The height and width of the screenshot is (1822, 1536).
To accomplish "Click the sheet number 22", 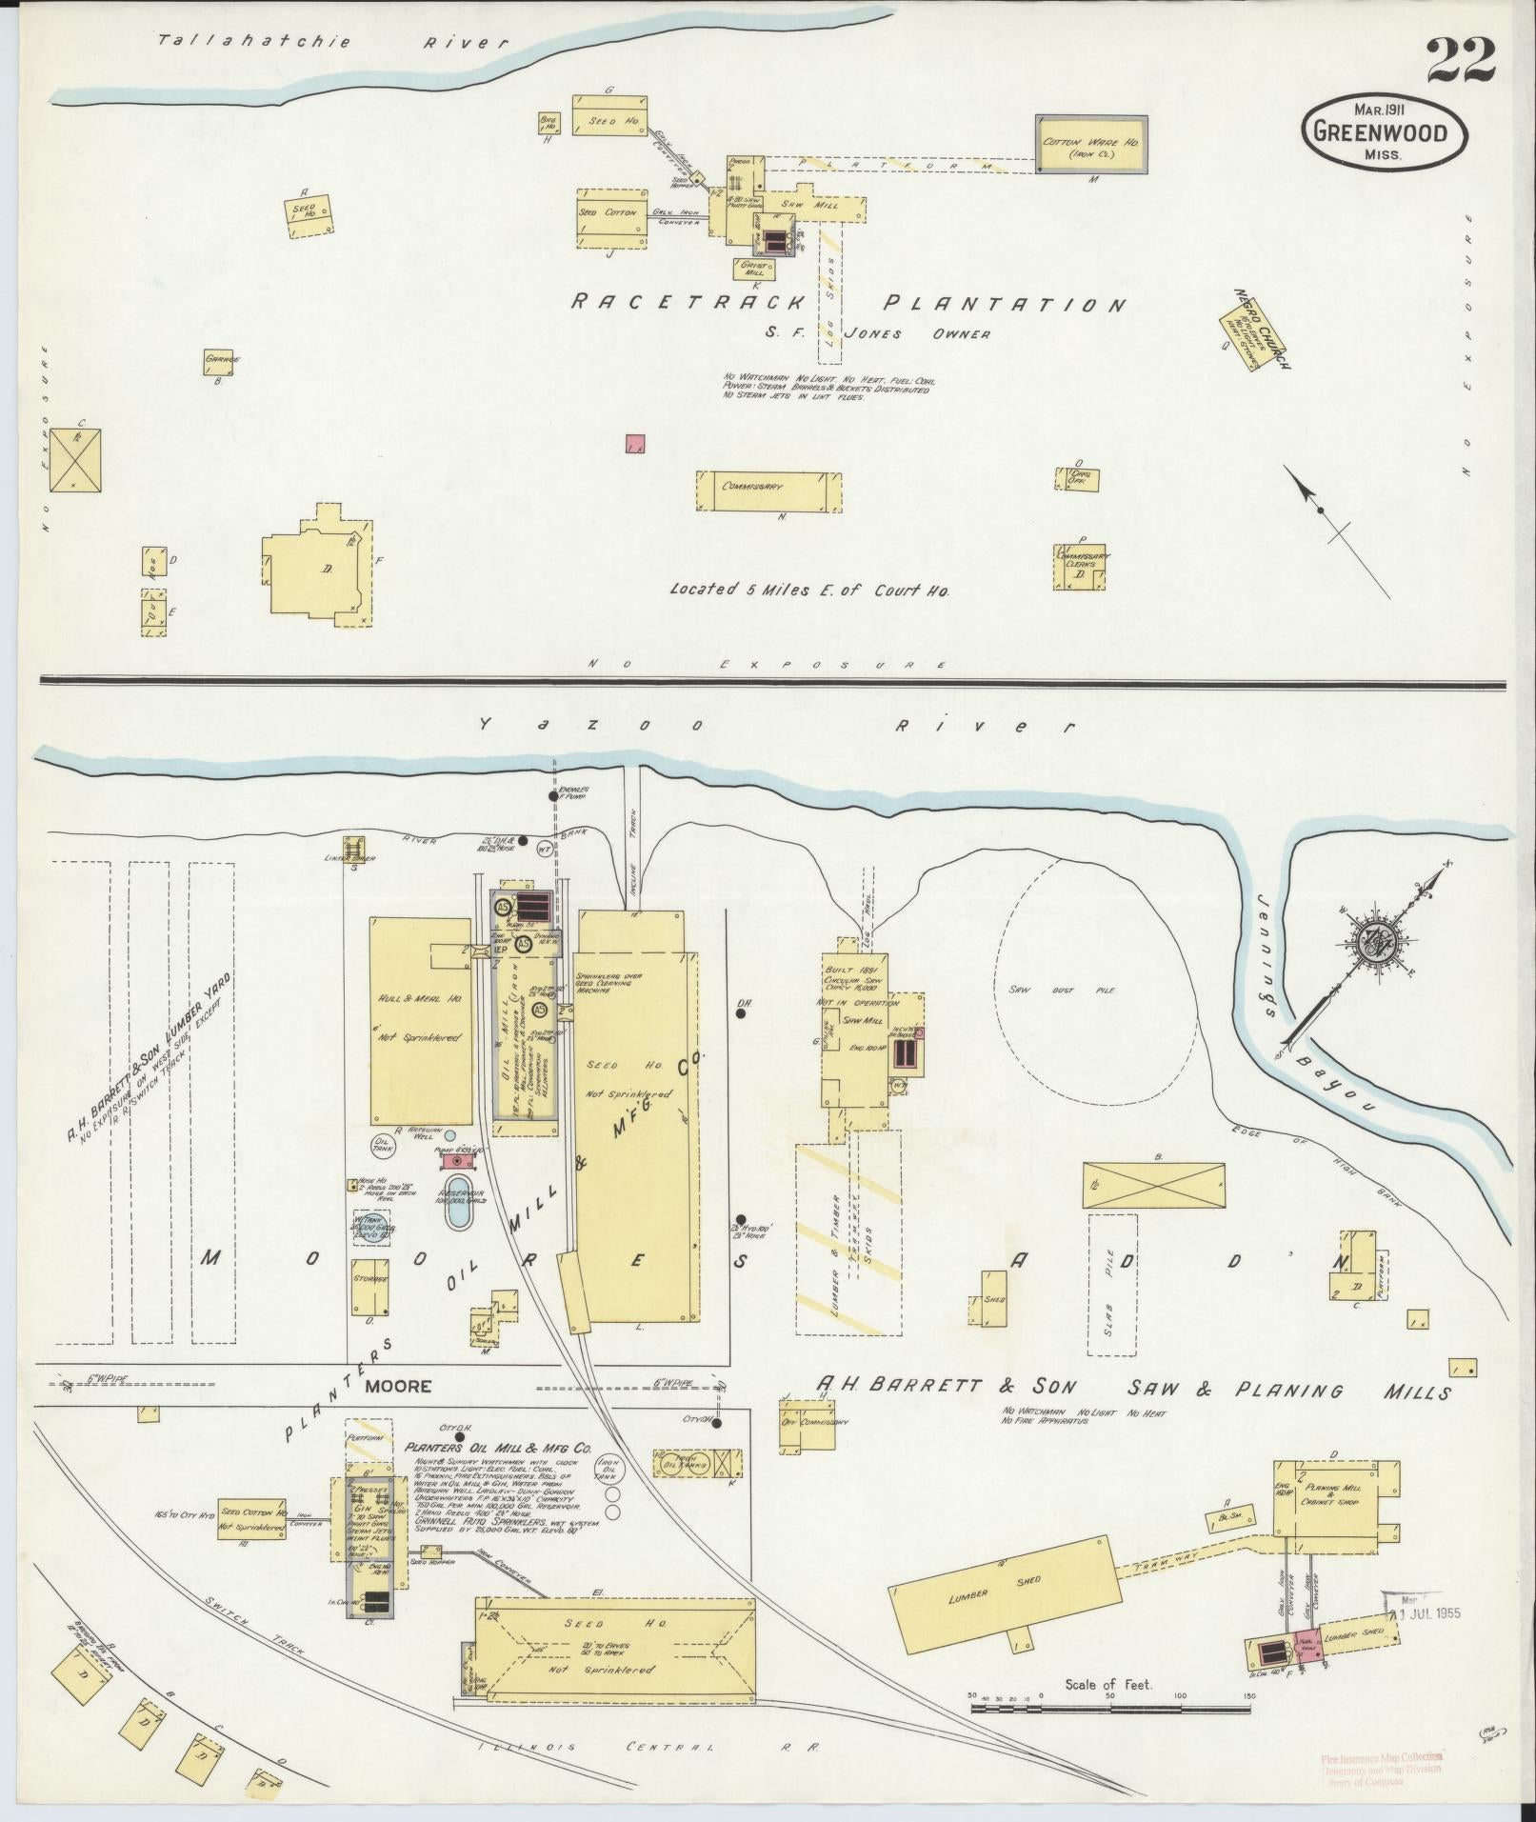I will coord(1459,62).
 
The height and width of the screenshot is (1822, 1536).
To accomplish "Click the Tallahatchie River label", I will coord(333,42).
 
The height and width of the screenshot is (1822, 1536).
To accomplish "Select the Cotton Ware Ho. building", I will coord(1091,146).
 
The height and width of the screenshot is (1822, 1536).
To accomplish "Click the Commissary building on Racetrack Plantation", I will coord(769,491).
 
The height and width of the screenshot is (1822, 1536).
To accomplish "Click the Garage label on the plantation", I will coord(221,361).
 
